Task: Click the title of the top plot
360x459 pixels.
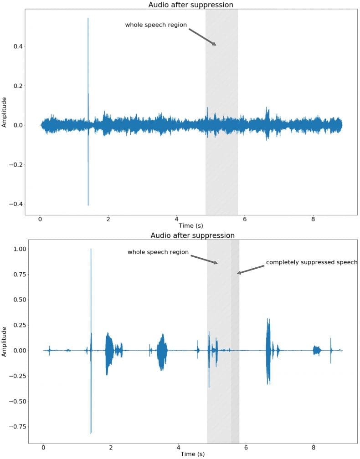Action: pyautogui.click(x=190, y=5)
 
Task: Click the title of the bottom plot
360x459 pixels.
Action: pyautogui.click(x=192, y=235)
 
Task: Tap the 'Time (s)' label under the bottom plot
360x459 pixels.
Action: pyautogui.click(x=192, y=454)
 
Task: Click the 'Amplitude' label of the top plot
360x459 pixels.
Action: pyautogui.click(x=5, y=112)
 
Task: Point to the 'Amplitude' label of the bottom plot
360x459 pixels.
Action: pyautogui.click(x=5, y=341)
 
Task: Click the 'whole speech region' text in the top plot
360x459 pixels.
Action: pyautogui.click(x=156, y=25)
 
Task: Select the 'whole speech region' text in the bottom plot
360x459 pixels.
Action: pyautogui.click(x=158, y=252)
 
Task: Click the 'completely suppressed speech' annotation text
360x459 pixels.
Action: pyautogui.click(x=312, y=262)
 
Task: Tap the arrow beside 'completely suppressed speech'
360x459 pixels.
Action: pyautogui.click(x=251, y=270)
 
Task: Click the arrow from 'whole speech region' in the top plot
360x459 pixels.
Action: pyautogui.click(x=202, y=37)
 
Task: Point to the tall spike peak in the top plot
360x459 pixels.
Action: pyautogui.click(x=88, y=19)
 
